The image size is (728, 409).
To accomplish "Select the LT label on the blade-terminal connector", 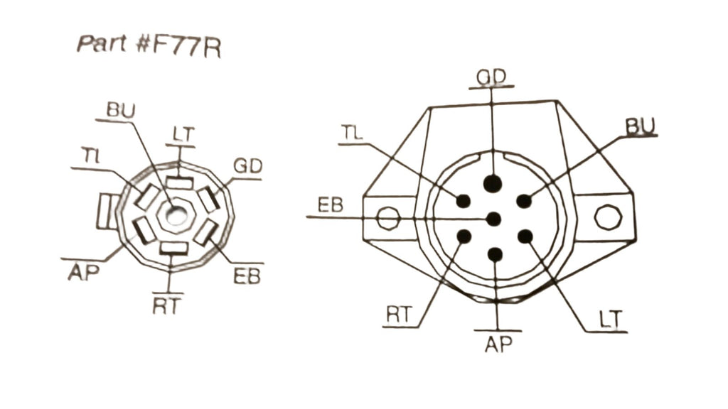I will [183, 134].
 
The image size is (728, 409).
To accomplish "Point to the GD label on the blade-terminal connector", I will [247, 166].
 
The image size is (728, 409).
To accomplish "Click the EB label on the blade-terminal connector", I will [247, 276].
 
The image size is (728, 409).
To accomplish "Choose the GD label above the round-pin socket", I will [491, 77].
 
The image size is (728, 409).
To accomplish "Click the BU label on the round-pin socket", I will [641, 126].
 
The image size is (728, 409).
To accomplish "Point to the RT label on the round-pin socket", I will [399, 315].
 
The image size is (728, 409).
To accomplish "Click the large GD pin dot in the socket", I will [492, 183].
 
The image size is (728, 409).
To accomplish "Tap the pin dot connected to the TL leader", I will [463, 201].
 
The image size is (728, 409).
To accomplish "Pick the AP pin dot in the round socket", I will [495, 254].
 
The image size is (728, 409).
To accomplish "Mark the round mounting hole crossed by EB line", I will [387, 218].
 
